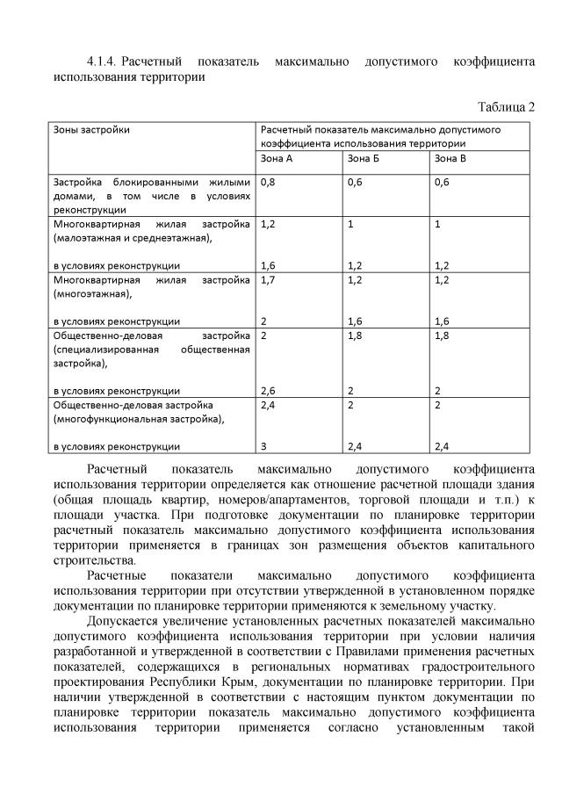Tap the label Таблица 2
[506, 107]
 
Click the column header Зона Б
[363, 158]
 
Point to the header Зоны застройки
[91, 129]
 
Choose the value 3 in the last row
[263, 446]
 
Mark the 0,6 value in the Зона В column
[442, 182]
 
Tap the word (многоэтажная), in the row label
[89, 295]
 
